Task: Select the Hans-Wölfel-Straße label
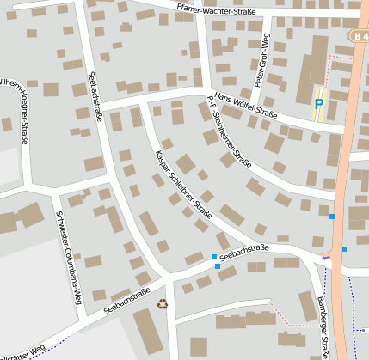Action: (x=245, y=105)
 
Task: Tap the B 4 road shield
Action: (x=360, y=34)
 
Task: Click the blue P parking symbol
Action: (x=318, y=104)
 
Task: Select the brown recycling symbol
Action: (x=162, y=302)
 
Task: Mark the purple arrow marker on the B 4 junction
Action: (x=326, y=256)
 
